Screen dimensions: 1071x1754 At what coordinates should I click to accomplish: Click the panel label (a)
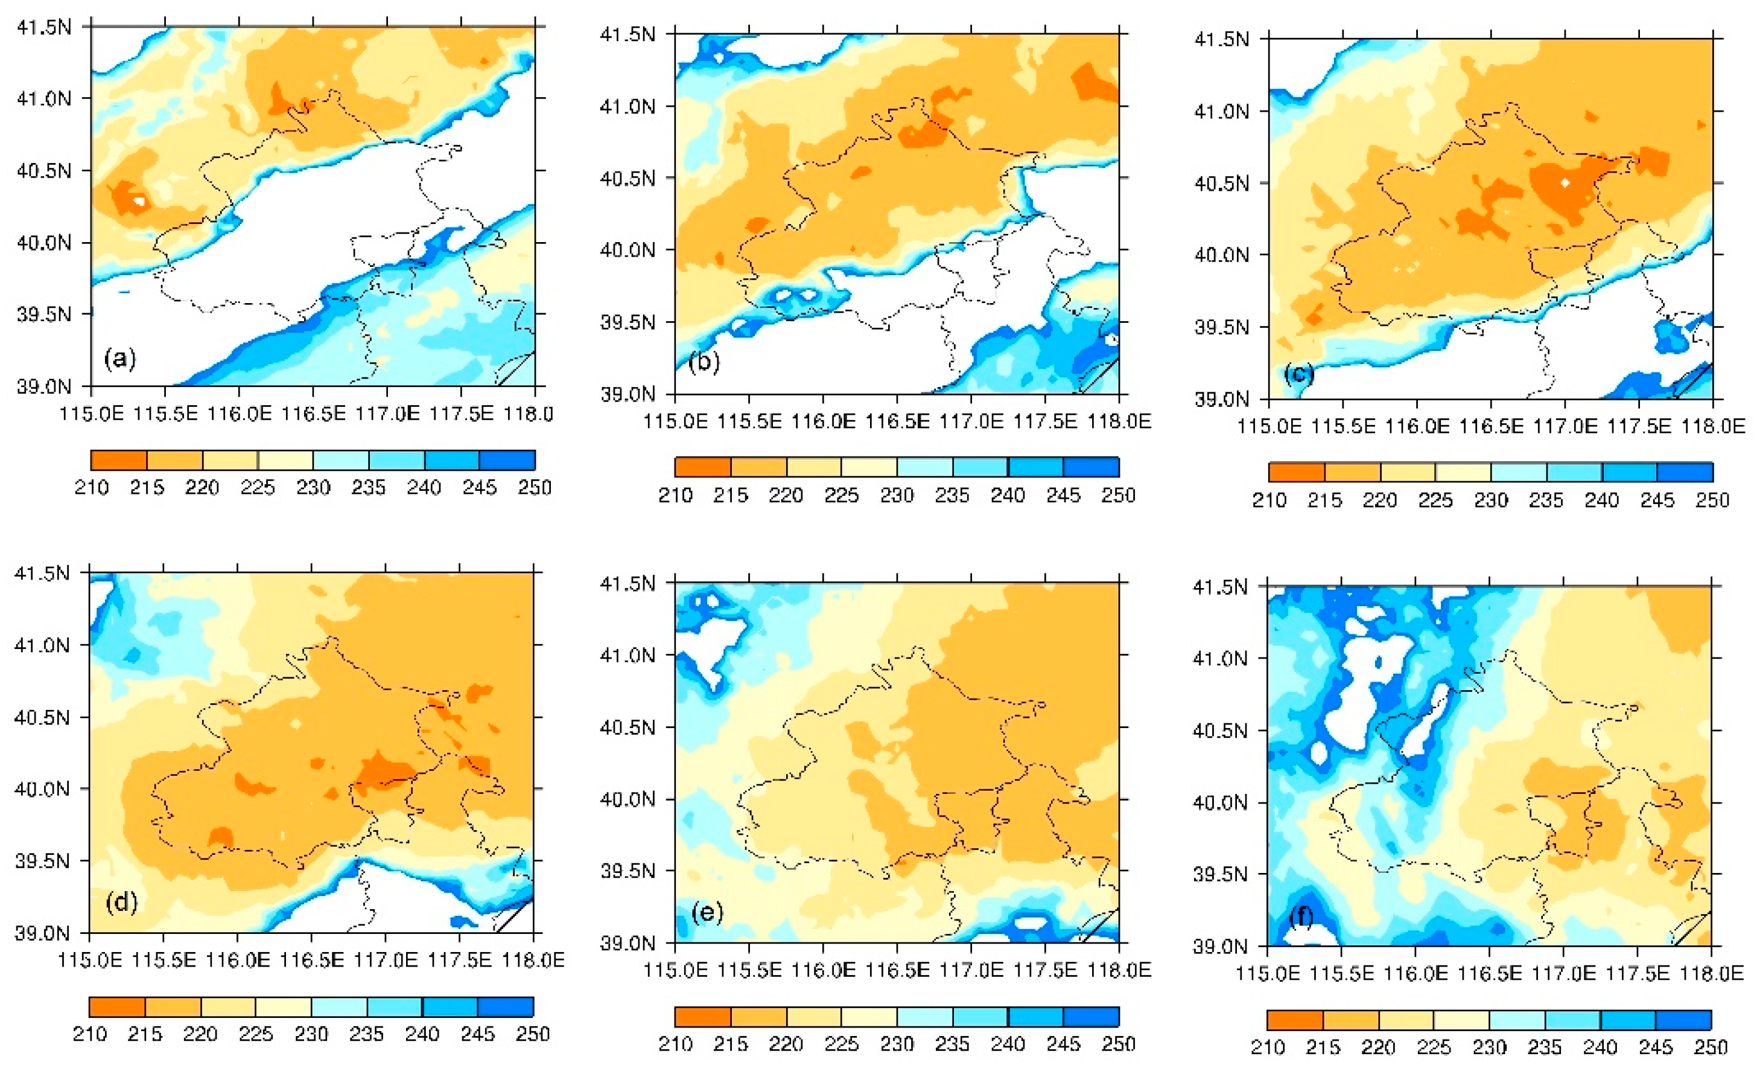(x=119, y=358)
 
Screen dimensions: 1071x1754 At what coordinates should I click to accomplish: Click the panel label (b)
(x=704, y=362)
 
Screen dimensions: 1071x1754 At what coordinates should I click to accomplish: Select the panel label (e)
(x=707, y=912)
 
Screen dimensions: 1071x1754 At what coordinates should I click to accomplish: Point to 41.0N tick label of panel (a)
(x=44, y=98)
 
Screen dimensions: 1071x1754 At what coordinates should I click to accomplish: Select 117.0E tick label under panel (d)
(x=386, y=961)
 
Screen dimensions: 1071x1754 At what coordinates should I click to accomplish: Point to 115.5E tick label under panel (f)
(x=1342, y=973)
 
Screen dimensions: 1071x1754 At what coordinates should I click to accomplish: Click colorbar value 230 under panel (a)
(x=313, y=488)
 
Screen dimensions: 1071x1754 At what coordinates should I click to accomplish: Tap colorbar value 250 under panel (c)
(x=1712, y=500)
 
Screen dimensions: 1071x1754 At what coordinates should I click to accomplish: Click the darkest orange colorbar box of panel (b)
(x=702, y=467)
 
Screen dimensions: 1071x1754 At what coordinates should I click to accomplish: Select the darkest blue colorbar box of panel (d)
(x=506, y=1007)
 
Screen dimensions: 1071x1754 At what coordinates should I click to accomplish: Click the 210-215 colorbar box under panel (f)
(x=1295, y=1020)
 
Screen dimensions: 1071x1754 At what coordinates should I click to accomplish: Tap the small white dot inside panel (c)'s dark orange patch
(x=1565, y=183)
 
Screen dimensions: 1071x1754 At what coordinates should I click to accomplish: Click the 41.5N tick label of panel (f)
(x=1220, y=587)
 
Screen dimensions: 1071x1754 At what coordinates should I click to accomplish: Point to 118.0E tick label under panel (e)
(x=1118, y=970)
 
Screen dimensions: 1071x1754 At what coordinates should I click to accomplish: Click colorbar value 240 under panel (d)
(x=422, y=1034)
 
